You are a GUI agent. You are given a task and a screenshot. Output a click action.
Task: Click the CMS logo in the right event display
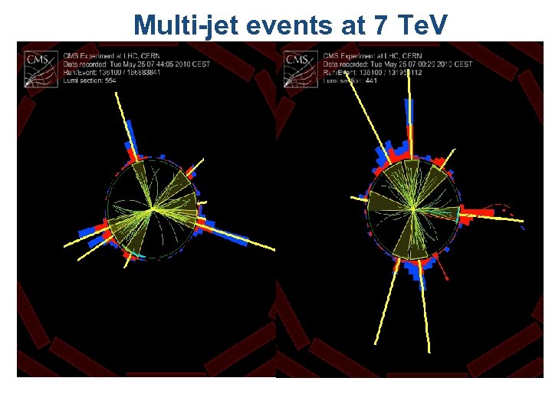[297, 63]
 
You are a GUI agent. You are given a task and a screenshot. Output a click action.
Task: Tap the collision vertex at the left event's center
[153, 208]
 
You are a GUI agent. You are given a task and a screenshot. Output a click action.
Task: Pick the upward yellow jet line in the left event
[120, 115]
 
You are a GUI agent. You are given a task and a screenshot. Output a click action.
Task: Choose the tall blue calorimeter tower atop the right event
[409, 115]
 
